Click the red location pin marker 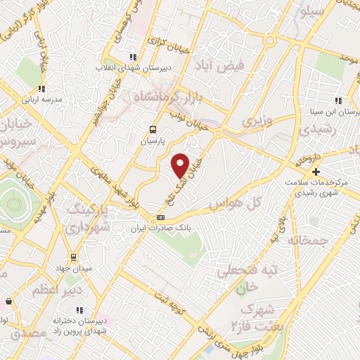pos(181,165)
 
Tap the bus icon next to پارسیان pos(153,129)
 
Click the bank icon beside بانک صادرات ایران pos(161,217)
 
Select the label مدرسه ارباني pos(41,99)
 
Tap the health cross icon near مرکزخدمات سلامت pos(316,172)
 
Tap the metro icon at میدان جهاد pos(73,256)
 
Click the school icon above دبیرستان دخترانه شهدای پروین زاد pos(79,309)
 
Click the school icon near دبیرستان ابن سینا pos(338,101)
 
